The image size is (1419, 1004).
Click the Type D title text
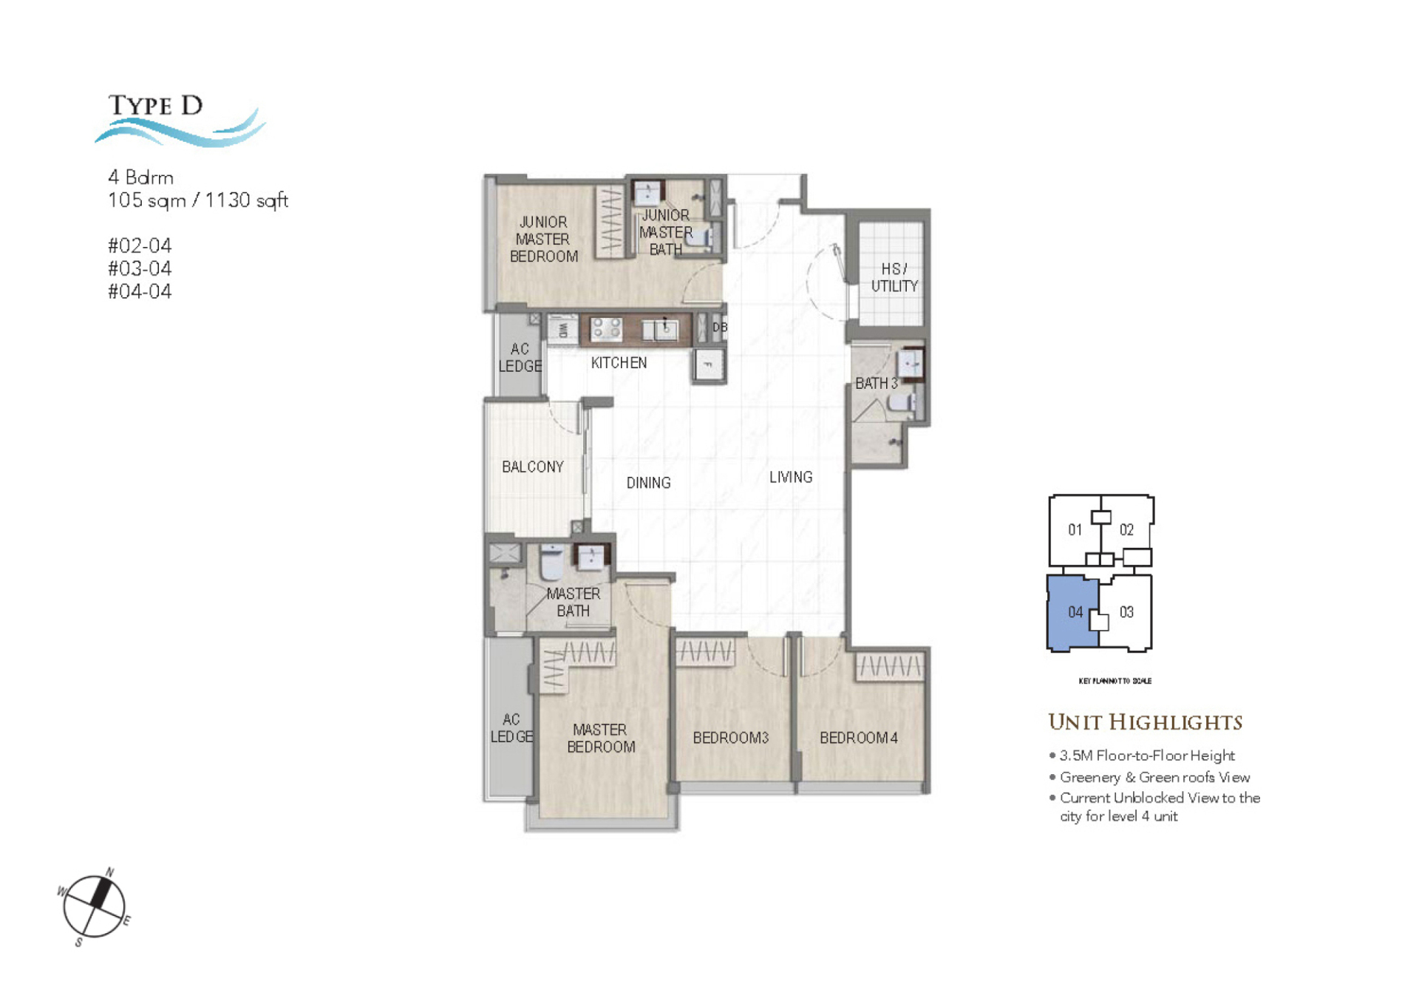coord(155,106)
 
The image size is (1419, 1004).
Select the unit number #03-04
coord(140,268)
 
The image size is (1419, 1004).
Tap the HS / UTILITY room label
coord(894,277)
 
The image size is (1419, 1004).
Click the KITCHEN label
coord(619,363)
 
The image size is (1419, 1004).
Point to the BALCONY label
coord(532,467)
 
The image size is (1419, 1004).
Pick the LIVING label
coord(790,478)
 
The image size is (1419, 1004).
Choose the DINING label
coord(648,484)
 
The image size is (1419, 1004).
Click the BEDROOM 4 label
coord(858,738)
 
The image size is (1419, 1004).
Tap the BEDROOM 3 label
coord(730,738)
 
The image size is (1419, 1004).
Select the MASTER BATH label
coord(573,603)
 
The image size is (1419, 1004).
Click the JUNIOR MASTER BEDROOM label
coord(543,240)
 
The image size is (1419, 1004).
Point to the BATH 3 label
coord(876,384)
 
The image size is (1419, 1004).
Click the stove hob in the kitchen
coord(605,328)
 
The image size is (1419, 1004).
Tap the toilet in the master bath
coord(551,563)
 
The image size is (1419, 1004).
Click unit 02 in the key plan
coord(1126,530)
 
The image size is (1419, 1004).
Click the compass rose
coord(94,906)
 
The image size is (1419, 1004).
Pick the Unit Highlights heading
coord(1144,722)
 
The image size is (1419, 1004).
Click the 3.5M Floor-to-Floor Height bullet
coord(1146,756)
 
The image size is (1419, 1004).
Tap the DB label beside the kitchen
coord(719,328)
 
